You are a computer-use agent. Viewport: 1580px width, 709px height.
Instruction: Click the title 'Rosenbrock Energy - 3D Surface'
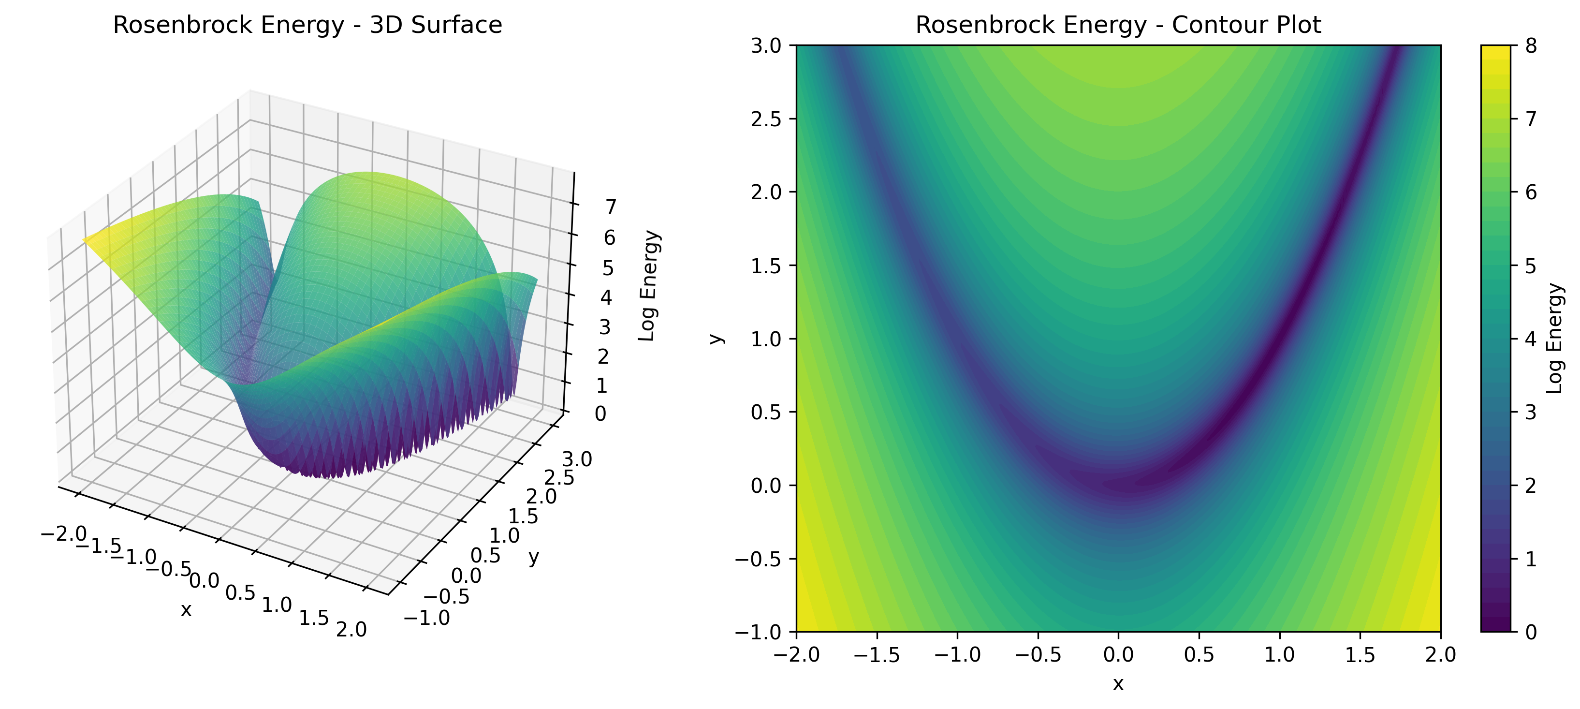307,25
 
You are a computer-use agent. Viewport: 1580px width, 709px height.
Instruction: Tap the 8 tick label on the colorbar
1532,46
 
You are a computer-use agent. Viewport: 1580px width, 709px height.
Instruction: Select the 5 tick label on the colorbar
1532,266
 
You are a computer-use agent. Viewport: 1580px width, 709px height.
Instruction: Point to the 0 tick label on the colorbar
1532,632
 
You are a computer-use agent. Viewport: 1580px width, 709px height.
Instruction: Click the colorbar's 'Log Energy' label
1555,338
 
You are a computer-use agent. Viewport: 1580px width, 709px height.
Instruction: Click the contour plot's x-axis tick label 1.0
1279,655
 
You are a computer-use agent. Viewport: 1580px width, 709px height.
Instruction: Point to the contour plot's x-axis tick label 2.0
1440,655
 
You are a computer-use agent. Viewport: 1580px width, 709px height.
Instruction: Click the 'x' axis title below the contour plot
1118,683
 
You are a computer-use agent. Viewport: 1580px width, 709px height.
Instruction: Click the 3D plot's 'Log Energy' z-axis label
648,286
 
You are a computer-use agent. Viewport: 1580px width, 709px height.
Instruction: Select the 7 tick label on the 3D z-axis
610,208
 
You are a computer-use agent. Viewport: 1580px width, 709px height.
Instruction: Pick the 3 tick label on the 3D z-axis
605,327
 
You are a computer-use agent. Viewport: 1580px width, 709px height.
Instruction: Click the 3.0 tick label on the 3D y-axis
577,459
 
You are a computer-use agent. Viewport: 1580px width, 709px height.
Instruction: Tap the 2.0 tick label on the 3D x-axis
351,629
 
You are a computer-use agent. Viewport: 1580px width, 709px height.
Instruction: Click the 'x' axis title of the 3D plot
186,610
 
